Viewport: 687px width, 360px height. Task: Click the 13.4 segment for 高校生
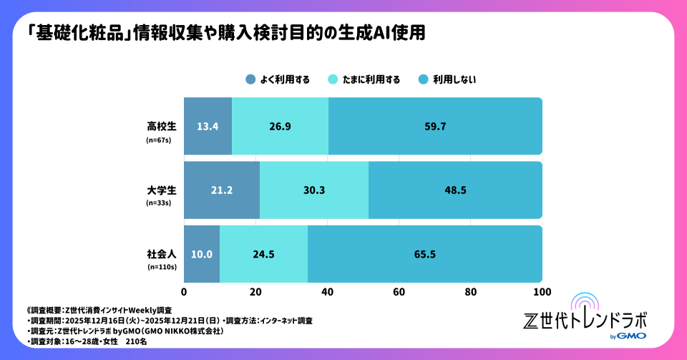point(208,127)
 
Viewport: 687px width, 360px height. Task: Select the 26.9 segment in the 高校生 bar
point(280,127)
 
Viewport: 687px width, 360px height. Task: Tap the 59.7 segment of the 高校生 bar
point(435,127)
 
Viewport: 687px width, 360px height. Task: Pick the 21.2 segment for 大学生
point(222,190)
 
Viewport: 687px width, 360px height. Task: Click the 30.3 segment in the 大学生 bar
point(313,190)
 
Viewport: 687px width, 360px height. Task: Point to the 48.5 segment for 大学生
point(455,190)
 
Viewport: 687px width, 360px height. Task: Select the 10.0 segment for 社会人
point(202,254)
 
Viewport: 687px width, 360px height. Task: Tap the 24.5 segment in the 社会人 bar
point(263,254)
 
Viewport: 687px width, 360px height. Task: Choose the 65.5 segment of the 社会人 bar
point(424,254)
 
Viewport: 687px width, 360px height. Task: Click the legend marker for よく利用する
point(250,79)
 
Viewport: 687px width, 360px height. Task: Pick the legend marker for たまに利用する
point(334,79)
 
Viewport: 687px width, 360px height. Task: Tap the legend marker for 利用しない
point(423,79)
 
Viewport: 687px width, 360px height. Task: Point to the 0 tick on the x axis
point(185,292)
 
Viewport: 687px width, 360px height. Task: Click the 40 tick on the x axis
point(328,292)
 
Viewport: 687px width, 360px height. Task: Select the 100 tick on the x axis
point(542,292)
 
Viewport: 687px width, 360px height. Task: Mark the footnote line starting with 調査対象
point(79,343)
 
